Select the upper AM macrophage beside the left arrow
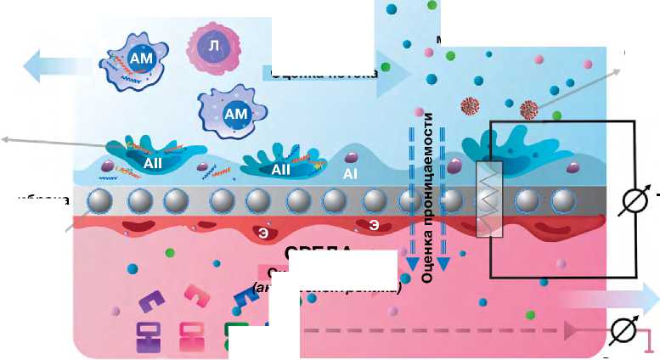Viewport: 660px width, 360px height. click(x=137, y=60)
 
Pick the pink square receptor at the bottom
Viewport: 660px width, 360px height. click(x=192, y=336)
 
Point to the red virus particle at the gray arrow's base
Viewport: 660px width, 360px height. click(x=527, y=110)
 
